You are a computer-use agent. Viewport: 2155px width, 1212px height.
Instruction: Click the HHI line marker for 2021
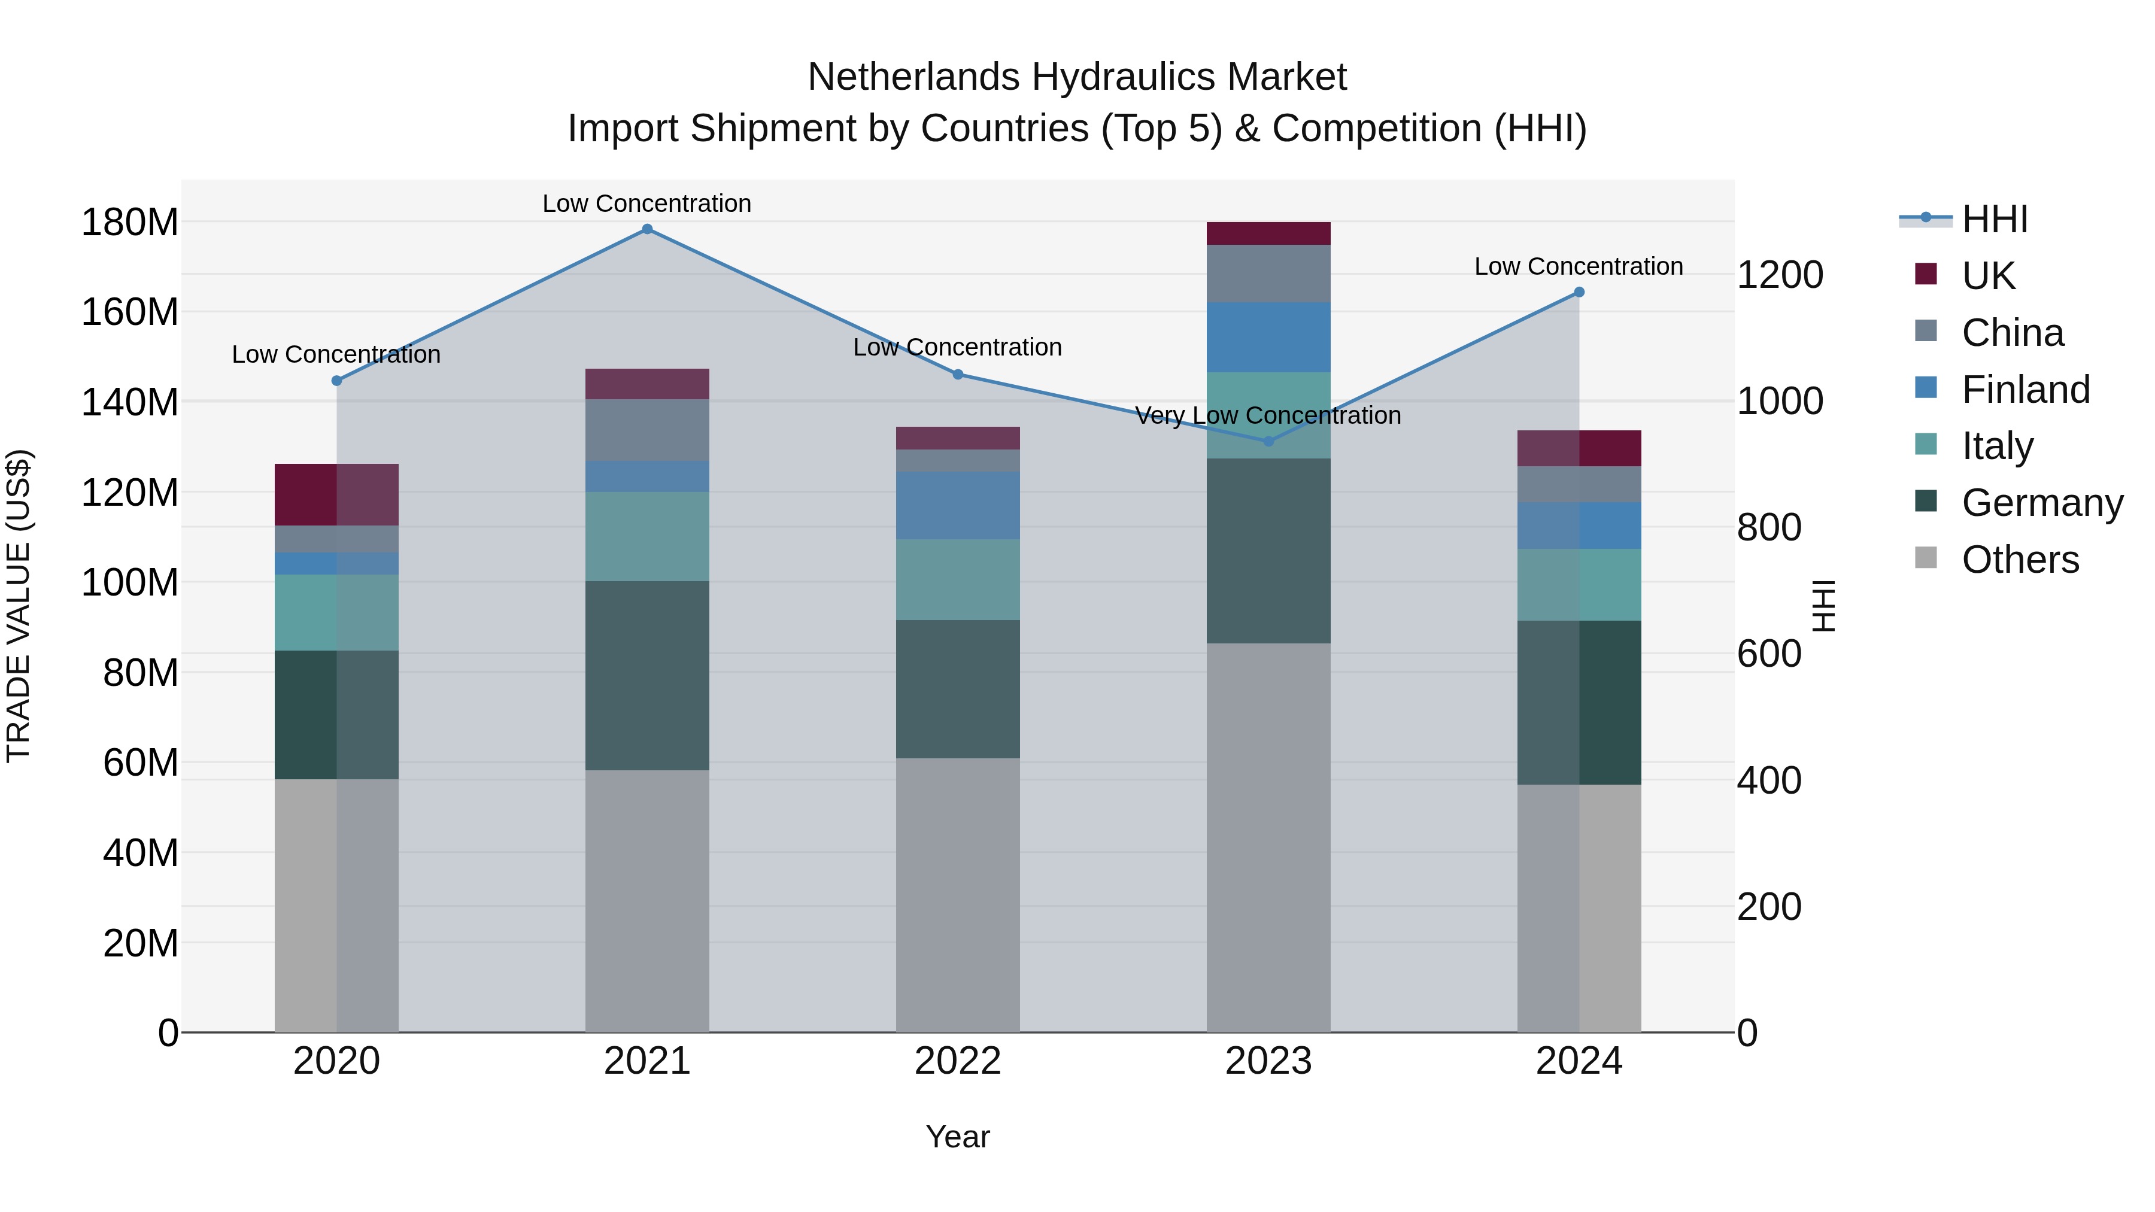(x=646, y=229)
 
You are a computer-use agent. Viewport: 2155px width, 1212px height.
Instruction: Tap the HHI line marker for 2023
(x=1268, y=441)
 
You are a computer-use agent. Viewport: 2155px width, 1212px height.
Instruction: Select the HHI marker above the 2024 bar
(x=1579, y=292)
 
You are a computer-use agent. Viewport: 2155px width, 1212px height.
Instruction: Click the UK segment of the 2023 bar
(x=1268, y=233)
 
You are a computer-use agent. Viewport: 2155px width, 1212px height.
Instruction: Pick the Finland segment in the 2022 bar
(x=958, y=505)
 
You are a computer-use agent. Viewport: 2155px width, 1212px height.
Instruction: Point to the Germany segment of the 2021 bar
(x=646, y=675)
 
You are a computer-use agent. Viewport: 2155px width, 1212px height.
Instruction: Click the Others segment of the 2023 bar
(x=1268, y=837)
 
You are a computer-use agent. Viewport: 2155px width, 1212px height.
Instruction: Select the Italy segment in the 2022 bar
(x=958, y=579)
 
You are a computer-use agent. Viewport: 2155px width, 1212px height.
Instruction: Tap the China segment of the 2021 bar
(x=646, y=430)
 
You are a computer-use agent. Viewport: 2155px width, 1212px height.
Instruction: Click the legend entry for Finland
(x=2025, y=390)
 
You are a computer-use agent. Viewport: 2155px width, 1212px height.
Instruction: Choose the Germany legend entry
(x=2041, y=503)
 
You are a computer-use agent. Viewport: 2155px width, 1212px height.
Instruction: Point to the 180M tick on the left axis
(x=130, y=223)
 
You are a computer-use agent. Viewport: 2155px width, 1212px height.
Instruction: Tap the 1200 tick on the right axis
(x=1780, y=275)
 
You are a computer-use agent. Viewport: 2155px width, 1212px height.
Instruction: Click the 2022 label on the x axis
(x=958, y=1061)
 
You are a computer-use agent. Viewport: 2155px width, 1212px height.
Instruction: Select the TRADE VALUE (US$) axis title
(x=19, y=606)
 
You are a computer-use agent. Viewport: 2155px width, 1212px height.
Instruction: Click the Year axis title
(x=958, y=1137)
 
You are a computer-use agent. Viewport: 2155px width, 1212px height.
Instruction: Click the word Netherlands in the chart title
(x=913, y=77)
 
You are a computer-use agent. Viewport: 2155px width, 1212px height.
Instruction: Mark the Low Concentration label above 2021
(x=646, y=203)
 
